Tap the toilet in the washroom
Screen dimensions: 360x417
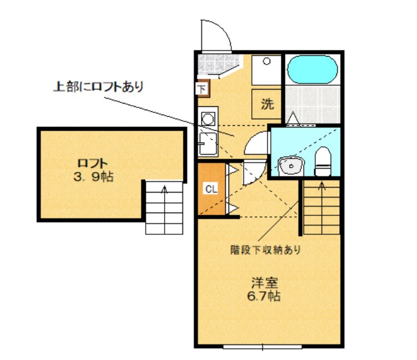(x=322, y=161)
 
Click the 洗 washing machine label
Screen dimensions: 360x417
(x=267, y=103)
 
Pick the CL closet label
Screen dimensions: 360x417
(x=211, y=189)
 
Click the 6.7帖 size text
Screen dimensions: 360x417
(x=264, y=296)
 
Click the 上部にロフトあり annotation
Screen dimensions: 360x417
(x=98, y=86)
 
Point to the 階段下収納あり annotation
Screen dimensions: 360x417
(x=266, y=250)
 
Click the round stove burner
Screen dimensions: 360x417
(x=208, y=118)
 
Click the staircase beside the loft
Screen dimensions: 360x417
(x=164, y=206)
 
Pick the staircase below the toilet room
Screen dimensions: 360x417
(x=321, y=206)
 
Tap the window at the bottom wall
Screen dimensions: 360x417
(x=262, y=347)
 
